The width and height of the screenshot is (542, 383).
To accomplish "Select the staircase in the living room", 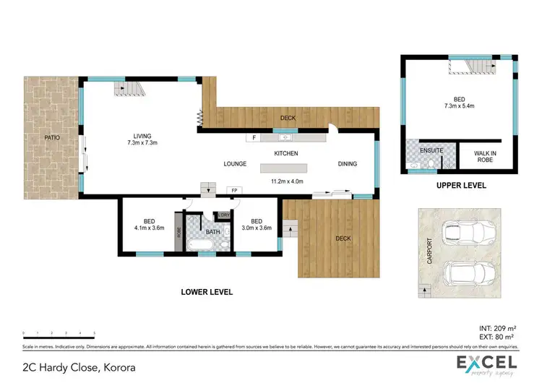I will pyautogui.click(x=130, y=89).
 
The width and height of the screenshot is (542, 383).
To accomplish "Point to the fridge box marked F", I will pyautogui.click(x=255, y=137).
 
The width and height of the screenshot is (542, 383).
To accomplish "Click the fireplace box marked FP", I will pyautogui.click(x=233, y=191).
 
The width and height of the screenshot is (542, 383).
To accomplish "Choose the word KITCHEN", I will pyautogui.click(x=285, y=153).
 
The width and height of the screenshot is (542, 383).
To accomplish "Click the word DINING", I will pyautogui.click(x=348, y=164).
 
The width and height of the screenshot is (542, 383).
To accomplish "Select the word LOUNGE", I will pyautogui.click(x=236, y=164).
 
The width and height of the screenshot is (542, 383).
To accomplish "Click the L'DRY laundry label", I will pyautogui.click(x=224, y=215).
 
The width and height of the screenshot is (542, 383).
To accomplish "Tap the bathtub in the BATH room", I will pyautogui.click(x=200, y=246).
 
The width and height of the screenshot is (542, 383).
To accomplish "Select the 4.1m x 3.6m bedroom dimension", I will pyautogui.click(x=148, y=228).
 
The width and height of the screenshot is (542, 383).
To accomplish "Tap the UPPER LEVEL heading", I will pyautogui.click(x=460, y=186).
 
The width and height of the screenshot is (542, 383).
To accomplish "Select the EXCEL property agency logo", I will pyautogui.click(x=486, y=365).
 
